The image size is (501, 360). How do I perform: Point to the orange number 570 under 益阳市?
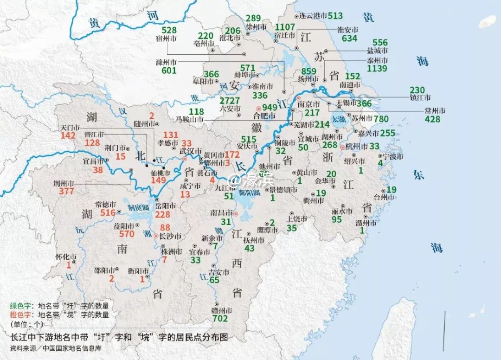pos(127,234)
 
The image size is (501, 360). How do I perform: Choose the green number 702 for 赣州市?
pos(220,319)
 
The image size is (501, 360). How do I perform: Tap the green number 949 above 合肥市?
pos(263,108)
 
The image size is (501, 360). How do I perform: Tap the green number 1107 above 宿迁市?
pos(285,27)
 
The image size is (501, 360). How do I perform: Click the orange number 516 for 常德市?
pos(104,213)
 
